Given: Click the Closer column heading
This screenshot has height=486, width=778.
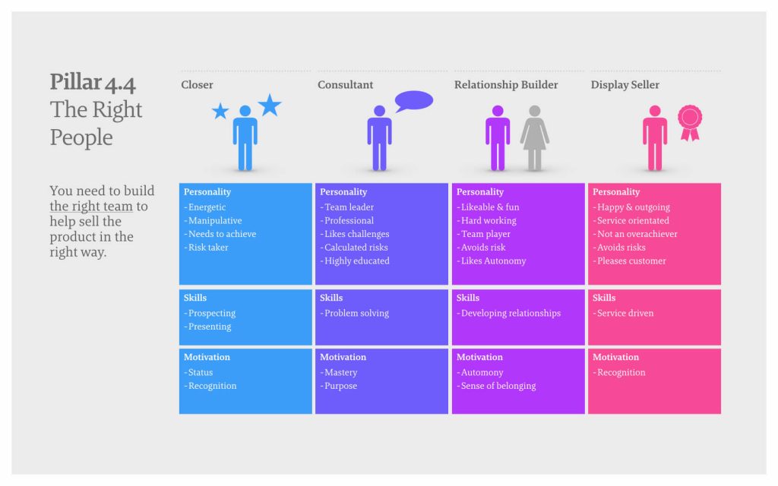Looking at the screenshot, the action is (197, 85).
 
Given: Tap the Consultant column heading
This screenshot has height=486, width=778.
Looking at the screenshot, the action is (346, 85).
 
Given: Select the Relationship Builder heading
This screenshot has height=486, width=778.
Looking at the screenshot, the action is (506, 85).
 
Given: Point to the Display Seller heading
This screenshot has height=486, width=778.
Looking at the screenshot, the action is (625, 85).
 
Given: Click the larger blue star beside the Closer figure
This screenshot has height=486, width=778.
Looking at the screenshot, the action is (270, 105).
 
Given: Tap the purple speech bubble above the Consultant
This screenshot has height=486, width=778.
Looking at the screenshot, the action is (414, 101).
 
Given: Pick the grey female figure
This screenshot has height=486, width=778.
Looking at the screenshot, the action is (534, 137).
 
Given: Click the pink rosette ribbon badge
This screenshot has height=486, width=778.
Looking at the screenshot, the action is (690, 122).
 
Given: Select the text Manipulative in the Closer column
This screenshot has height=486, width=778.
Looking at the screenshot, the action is (215, 221).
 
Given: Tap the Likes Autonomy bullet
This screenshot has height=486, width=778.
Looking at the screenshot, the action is (492, 261).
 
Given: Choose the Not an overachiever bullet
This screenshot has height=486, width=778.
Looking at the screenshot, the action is (635, 234).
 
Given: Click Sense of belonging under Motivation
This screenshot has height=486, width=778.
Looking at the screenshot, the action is (496, 386).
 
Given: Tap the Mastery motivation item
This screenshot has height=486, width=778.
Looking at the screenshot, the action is (338, 372).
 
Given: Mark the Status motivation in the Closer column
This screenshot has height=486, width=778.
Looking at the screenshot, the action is (198, 372).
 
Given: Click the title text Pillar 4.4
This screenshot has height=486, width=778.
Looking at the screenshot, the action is (93, 83).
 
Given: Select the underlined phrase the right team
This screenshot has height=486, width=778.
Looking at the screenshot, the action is (91, 207).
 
